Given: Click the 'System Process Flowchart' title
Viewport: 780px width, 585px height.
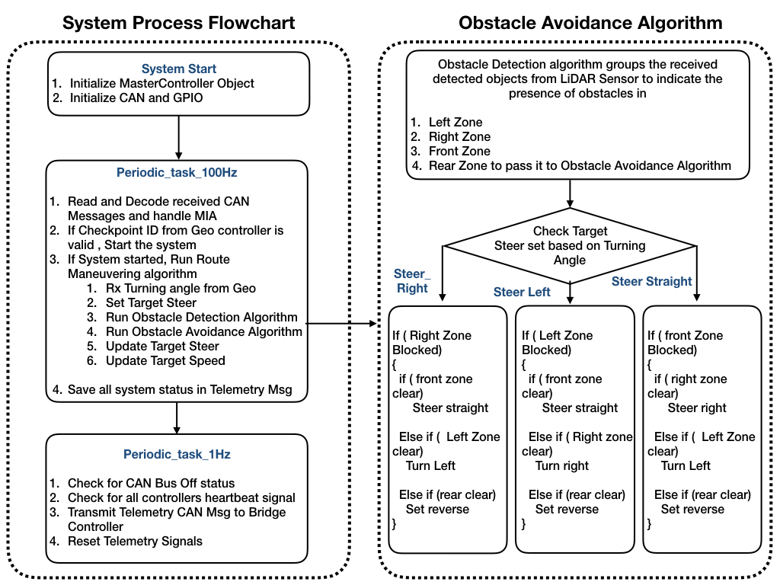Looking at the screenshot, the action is click(178, 23).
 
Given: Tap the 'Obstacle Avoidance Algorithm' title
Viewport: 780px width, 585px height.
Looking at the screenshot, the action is click(590, 23).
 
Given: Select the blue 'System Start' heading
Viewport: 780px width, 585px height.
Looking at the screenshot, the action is click(178, 69).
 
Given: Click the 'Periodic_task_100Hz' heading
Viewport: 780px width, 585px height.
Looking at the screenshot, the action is click(177, 173).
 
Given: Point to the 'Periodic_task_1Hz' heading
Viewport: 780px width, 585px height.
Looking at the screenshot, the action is click(177, 454).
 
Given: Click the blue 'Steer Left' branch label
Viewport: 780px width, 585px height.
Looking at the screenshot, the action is click(522, 292).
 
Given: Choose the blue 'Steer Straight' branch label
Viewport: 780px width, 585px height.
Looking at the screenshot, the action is click(652, 281).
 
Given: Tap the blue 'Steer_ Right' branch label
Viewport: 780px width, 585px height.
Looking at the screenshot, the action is click(412, 280).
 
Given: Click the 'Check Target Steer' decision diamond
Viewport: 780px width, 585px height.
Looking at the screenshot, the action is click(570, 246).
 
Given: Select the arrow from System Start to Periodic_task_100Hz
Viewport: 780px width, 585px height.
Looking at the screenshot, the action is click(178, 137).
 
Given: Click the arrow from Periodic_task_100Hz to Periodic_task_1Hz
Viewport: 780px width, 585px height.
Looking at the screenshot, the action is click(177, 417).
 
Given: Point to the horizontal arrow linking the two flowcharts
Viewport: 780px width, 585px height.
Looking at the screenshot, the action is click(341, 323).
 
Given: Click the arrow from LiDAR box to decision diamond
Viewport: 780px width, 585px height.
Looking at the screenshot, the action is click(570, 193).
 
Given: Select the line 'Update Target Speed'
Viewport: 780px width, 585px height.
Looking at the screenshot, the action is click(156, 360).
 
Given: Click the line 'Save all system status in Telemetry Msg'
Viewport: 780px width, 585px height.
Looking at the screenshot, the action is click(173, 389).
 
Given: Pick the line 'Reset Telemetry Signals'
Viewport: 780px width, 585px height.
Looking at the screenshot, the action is click(126, 542).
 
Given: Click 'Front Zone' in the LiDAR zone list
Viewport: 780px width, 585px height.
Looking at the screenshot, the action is click(459, 152).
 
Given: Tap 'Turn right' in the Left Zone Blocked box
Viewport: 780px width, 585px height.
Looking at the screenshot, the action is click(561, 465).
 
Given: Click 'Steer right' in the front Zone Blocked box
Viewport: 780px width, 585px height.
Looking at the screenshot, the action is click(697, 408).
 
